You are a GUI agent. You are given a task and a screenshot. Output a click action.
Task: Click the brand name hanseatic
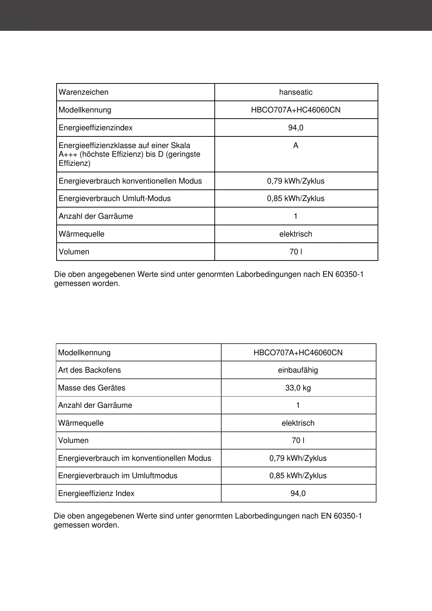click(296, 92)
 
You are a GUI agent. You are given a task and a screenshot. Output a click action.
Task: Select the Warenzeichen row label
click(83, 92)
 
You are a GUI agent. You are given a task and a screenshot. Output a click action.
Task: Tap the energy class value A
click(296, 145)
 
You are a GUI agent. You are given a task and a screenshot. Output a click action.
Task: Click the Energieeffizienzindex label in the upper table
click(95, 128)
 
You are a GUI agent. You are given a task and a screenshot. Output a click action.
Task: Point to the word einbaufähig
click(298, 370)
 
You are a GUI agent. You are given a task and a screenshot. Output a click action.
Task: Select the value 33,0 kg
click(298, 388)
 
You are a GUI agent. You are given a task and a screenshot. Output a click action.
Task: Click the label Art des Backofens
click(89, 370)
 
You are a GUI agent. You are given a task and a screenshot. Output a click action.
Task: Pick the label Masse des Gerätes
click(91, 388)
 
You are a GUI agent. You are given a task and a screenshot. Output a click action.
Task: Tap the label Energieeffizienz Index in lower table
click(96, 493)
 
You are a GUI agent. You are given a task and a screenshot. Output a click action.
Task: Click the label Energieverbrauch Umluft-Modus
click(115, 198)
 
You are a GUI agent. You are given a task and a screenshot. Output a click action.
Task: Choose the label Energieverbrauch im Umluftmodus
click(118, 476)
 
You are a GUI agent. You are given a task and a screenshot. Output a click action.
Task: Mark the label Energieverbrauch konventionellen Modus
click(130, 181)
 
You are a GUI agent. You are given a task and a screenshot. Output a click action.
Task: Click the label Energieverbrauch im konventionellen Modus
click(134, 458)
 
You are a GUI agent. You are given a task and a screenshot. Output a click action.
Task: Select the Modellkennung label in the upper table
click(85, 110)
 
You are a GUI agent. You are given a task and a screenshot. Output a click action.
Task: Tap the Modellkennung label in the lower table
click(84, 353)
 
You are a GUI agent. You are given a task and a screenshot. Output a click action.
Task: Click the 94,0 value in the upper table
click(296, 128)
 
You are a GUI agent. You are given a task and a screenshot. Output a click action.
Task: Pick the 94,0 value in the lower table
click(298, 493)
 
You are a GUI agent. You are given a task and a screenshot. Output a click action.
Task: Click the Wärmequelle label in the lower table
click(81, 423)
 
